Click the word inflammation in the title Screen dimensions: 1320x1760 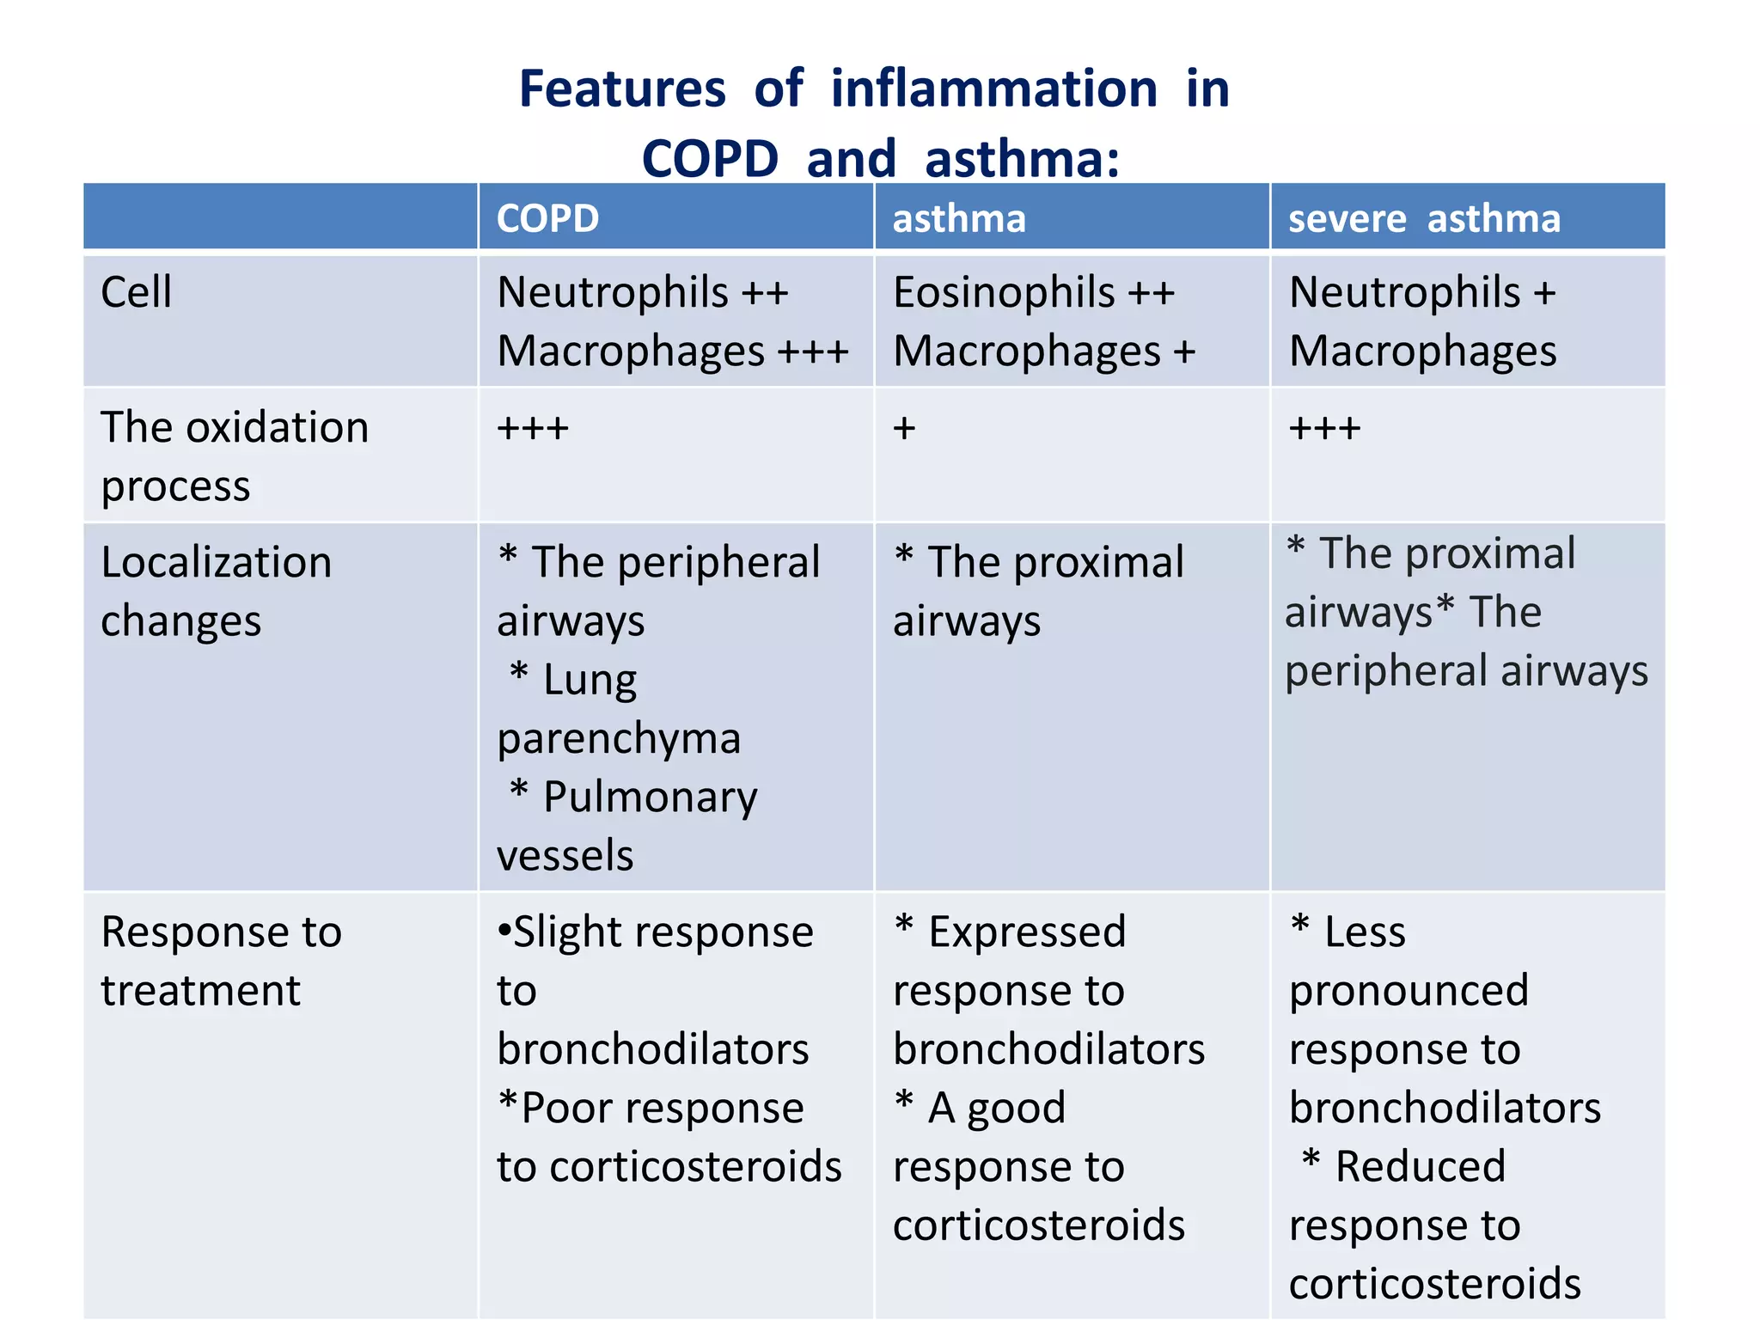(x=994, y=89)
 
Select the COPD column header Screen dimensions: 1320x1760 (x=547, y=218)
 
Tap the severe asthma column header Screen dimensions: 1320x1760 (x=1424, y=218)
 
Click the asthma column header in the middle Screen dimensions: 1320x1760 (x=959, y=218)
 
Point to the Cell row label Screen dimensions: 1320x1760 (x=136, y=292)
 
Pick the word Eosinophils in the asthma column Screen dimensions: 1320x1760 (x=1004, y=292)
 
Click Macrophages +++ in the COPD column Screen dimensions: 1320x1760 (x=672, y=351)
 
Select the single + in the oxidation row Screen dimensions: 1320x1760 (x=904, y=427)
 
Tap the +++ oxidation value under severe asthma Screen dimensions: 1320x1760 (x=1324, y=427)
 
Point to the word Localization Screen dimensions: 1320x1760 (x=216, y=563)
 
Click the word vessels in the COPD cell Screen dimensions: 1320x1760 (x=565, y=856)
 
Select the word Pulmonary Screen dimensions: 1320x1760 (x=650, y=797)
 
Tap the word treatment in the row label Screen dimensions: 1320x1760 (x=200, y=991)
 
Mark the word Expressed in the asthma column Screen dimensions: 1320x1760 (x=1027, y=932)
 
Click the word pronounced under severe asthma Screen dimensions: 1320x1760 (x=1409, y=991)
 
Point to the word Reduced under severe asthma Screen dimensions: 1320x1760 (x=1420, y=1167)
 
